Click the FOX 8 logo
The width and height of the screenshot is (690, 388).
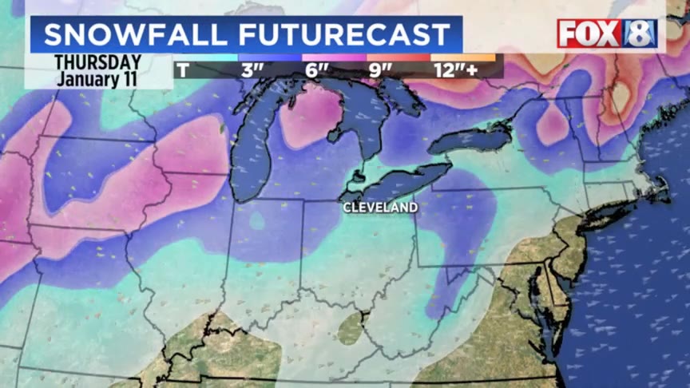[607, 34]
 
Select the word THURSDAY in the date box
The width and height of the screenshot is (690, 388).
[97, 62]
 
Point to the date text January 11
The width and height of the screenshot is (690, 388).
[97, 79]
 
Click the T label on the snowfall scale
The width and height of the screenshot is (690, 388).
[183, 70]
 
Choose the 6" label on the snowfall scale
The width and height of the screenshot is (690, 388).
[317, 70]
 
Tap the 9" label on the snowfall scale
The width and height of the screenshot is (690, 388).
[381, 70]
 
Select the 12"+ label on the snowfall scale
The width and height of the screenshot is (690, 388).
[455, 70]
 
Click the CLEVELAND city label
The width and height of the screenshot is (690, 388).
[380, 208]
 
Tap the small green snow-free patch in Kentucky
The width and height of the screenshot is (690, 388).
[350, 328]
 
